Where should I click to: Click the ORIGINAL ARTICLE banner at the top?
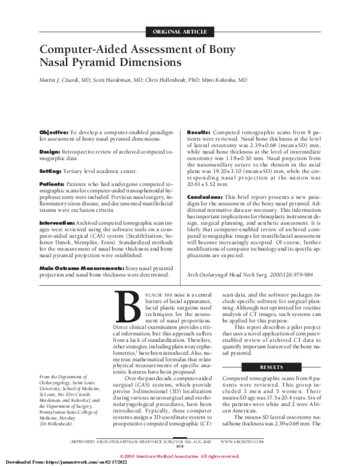(x=180, y=31)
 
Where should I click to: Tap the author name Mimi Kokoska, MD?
(x=224, y=79)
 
